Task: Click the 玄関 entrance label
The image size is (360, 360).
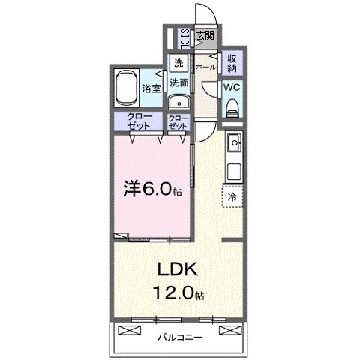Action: click(x=205, y=36)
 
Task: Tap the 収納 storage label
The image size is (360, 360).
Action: click(x=232, y=63)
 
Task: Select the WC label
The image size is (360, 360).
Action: click(x=232, y=87)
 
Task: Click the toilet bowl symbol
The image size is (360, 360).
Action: click(x=232, y=106)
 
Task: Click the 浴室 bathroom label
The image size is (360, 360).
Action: click(x=151, y=88)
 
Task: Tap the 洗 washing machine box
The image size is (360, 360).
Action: click(x=178, y=64)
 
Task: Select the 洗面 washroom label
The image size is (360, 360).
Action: click(x=178, y=82)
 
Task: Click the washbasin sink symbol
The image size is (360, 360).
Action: click(x=178, y=103)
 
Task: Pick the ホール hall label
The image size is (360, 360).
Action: click(x=205, y=67)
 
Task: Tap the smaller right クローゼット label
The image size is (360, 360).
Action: click(x=178, y=122)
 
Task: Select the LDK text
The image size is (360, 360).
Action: click(x=178, y=268)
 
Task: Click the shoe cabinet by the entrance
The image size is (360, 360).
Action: click(x=184, y=36)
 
